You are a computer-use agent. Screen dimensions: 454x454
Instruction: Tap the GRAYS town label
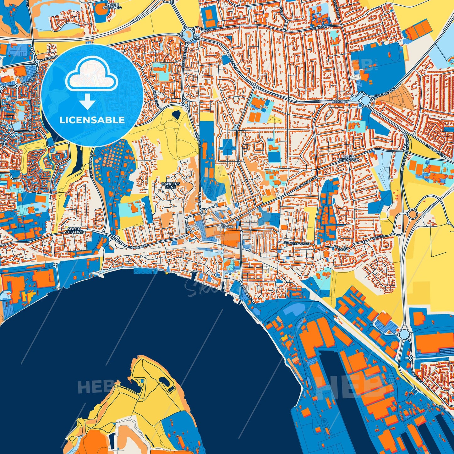[x=227, y=227]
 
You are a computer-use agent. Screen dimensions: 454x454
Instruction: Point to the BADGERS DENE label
[x=171, y=185]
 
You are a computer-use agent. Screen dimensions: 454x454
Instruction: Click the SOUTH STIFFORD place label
[x=74, y=230]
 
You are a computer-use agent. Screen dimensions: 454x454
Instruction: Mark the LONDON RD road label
[x=139, y=247]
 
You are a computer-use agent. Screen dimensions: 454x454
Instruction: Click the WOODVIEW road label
[x=435, y=148]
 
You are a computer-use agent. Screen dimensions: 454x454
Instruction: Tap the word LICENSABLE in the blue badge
[x=92, y=120]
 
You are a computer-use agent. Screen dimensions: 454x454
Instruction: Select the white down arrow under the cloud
[x=88, y=101]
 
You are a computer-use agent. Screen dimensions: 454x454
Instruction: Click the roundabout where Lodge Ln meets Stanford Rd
[x=365, y=101]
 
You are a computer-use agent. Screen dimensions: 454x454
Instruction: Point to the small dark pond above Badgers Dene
[x=176, y=114]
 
